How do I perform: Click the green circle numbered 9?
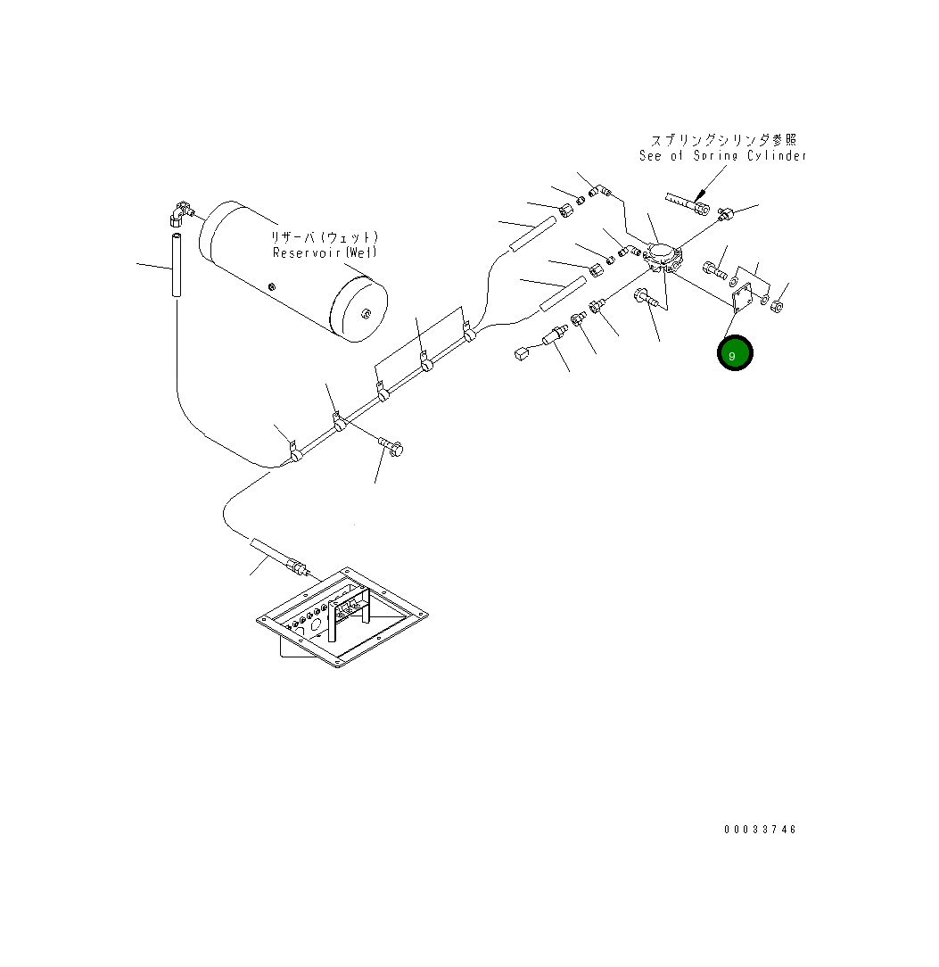pos(735,354)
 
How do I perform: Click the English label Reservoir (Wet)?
pos(325,252)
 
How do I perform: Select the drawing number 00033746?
pos(760,830)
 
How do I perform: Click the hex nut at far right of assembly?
pos(776,307)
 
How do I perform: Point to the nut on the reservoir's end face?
pos(366,312)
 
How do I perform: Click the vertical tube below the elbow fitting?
pos(177,267)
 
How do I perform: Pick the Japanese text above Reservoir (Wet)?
pos(326,237)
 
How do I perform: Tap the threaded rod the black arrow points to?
pos(687,204)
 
